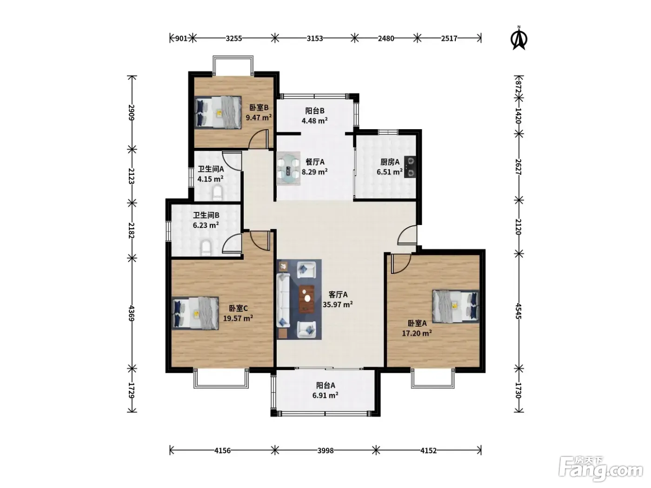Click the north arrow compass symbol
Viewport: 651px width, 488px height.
click(519, 38)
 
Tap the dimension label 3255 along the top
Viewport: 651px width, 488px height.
click(234, 39)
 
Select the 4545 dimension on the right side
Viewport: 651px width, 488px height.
click(518, 311)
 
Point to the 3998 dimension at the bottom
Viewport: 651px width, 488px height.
click(325, 451)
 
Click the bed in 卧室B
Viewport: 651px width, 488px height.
click(218, 112)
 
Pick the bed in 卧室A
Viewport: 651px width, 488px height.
click(456, 306)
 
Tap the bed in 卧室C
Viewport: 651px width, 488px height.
click(195, 313)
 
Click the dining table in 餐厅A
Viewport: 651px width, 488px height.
click(288, 168)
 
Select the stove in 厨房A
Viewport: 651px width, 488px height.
click(410, 167)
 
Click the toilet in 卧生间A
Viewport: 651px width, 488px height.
click(218, 192)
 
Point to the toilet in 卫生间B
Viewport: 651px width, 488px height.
click(206, 248)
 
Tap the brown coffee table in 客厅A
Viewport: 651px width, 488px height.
click(306, 299)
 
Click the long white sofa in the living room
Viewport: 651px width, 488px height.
click(283, 300)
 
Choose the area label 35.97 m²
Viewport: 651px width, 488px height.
click(338, 304)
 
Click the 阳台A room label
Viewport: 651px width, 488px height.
click(325, 385)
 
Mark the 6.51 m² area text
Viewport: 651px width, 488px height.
click(390, 171)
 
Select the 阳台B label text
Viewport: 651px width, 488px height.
click(315, 111)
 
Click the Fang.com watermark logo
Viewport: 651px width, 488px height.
click(601, 469)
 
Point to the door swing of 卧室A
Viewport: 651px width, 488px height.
click(401, 264)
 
